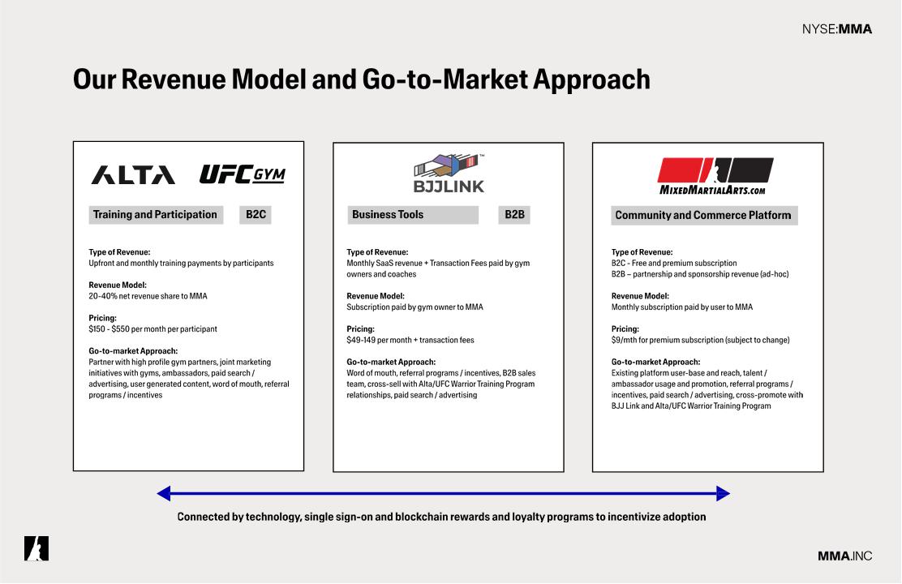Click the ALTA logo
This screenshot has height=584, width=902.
(x=133, y=175)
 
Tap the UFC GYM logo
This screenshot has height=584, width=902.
(x=243, y=174)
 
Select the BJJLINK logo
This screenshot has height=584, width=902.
(x=449, y=174)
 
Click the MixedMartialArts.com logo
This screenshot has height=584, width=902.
(x=715, y=176)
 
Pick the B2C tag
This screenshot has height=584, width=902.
(x=256, y=215)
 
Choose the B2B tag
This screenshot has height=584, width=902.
(x=514, y=215)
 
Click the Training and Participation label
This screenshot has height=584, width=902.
(x=155, y=215)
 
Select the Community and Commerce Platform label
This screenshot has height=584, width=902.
(x=703, y=215)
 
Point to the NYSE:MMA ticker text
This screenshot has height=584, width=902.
(x=837, y=28)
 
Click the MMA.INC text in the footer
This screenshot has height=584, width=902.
(x=845, y=556)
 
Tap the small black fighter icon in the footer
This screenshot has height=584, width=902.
(x=37, y=548)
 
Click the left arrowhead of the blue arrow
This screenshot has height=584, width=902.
(x=163, y=493)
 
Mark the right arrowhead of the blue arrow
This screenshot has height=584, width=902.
(x=723, y=493)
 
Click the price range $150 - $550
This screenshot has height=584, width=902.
(x=109, y=329)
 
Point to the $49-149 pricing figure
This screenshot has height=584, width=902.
(x=361, y=340)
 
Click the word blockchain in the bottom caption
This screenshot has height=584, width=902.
(x=420, y=517)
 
